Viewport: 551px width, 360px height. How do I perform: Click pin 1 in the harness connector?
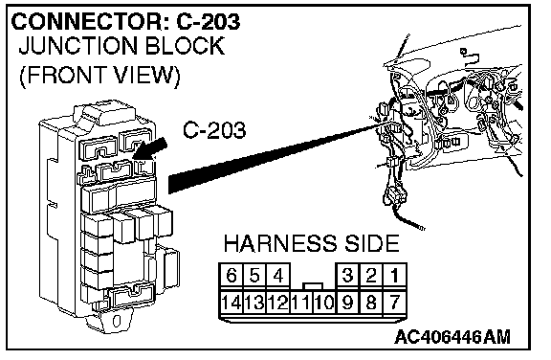pos(395,276)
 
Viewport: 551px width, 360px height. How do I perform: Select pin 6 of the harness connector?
pos(231,276)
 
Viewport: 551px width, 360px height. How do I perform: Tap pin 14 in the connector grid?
pos(231,302)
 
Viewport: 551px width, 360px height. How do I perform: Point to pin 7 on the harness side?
pos(395,302)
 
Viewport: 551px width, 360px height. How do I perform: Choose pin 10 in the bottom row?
pos(324,302)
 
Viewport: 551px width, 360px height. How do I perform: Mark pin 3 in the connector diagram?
pos(347,276)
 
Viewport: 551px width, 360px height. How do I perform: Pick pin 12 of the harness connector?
pos(278,302)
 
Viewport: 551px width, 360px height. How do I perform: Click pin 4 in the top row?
pos(278,276)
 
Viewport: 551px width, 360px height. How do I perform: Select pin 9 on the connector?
pos(347,302)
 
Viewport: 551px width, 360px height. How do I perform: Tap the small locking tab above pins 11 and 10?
pos(313,286)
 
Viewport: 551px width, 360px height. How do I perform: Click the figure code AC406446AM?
pos(452,337)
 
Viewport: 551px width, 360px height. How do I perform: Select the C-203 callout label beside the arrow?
pos(214,129)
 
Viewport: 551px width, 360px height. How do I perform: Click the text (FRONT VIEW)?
pos(99,75)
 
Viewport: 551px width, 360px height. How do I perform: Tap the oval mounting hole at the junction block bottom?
pos(117,321)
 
